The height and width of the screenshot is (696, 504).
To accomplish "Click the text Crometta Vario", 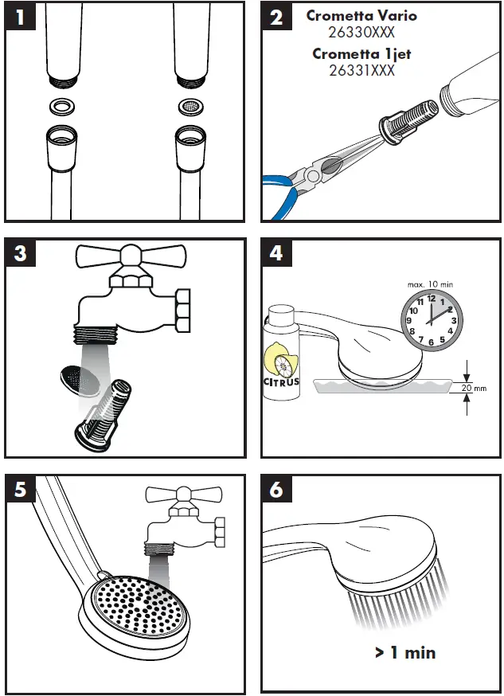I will (361, 16).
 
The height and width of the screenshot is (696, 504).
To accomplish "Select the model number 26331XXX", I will (361, 70).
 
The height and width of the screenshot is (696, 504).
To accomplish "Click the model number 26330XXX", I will (361, 33).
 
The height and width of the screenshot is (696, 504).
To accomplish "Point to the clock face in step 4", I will (431, 319).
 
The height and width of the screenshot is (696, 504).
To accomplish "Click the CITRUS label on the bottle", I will (281, 381).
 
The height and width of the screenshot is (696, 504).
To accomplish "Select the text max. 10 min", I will (430, 284).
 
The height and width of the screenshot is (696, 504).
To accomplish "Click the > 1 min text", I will (405, 652).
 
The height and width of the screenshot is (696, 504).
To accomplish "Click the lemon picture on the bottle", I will (281, 359).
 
